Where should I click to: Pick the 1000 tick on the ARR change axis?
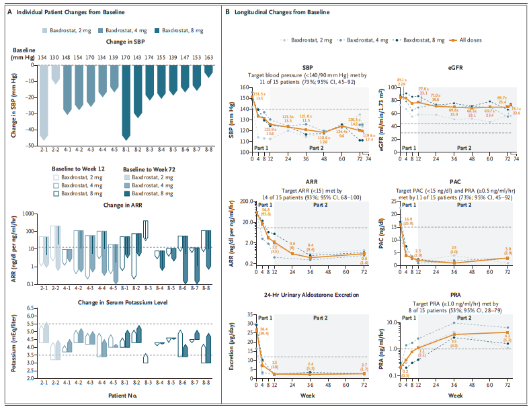28,214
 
